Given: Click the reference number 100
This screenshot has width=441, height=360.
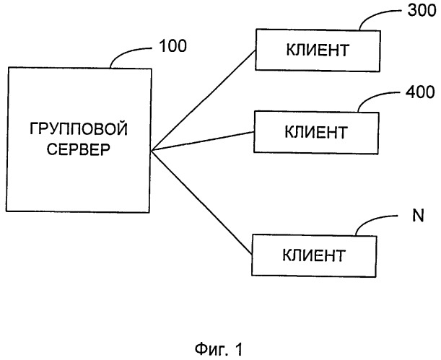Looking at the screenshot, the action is click(x=173, y=45).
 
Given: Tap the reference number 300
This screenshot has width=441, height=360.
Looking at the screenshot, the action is click(x=422, y=10).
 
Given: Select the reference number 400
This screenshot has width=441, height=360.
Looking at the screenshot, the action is click(x=420, y=92).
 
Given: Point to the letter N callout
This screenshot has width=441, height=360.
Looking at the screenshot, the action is click(x=418, y=216).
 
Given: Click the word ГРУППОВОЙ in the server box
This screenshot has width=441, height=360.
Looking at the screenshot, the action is click(x=79, y=129).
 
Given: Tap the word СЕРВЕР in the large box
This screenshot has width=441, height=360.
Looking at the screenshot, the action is click(x=78, y=149).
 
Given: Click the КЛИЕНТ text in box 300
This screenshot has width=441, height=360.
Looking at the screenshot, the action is click(x=318, y=50).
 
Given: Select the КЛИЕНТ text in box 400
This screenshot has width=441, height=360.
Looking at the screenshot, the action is click(x=316, y=132).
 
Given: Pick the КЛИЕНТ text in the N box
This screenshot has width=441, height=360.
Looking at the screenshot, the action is click(x=314, y=255).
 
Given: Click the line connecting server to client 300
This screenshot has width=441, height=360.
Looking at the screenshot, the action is click(x=204, y=100).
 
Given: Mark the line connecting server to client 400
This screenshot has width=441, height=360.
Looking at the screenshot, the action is click(x=203, y=141).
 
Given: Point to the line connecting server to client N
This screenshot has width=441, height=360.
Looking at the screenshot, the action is click(x=201, y=203).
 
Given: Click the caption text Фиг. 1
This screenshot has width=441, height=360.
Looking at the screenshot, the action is click(x=219, y=349).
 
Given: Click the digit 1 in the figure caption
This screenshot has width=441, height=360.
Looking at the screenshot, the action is click(x=238, y=349).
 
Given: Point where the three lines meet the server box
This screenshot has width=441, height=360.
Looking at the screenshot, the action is click(x=151, y=152).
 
